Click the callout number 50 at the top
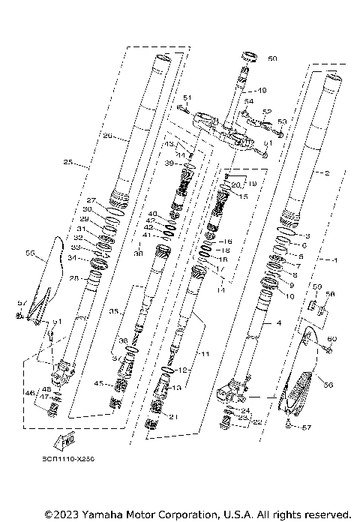point(271,58)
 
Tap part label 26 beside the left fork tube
point(107,136)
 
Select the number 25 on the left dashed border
point(68,162)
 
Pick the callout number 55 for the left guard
point(30,254)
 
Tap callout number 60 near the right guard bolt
point(333,340)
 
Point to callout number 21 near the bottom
point(174,417)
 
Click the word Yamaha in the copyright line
point(100,514)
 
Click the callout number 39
point(169,163)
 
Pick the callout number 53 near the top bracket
point(282,121)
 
